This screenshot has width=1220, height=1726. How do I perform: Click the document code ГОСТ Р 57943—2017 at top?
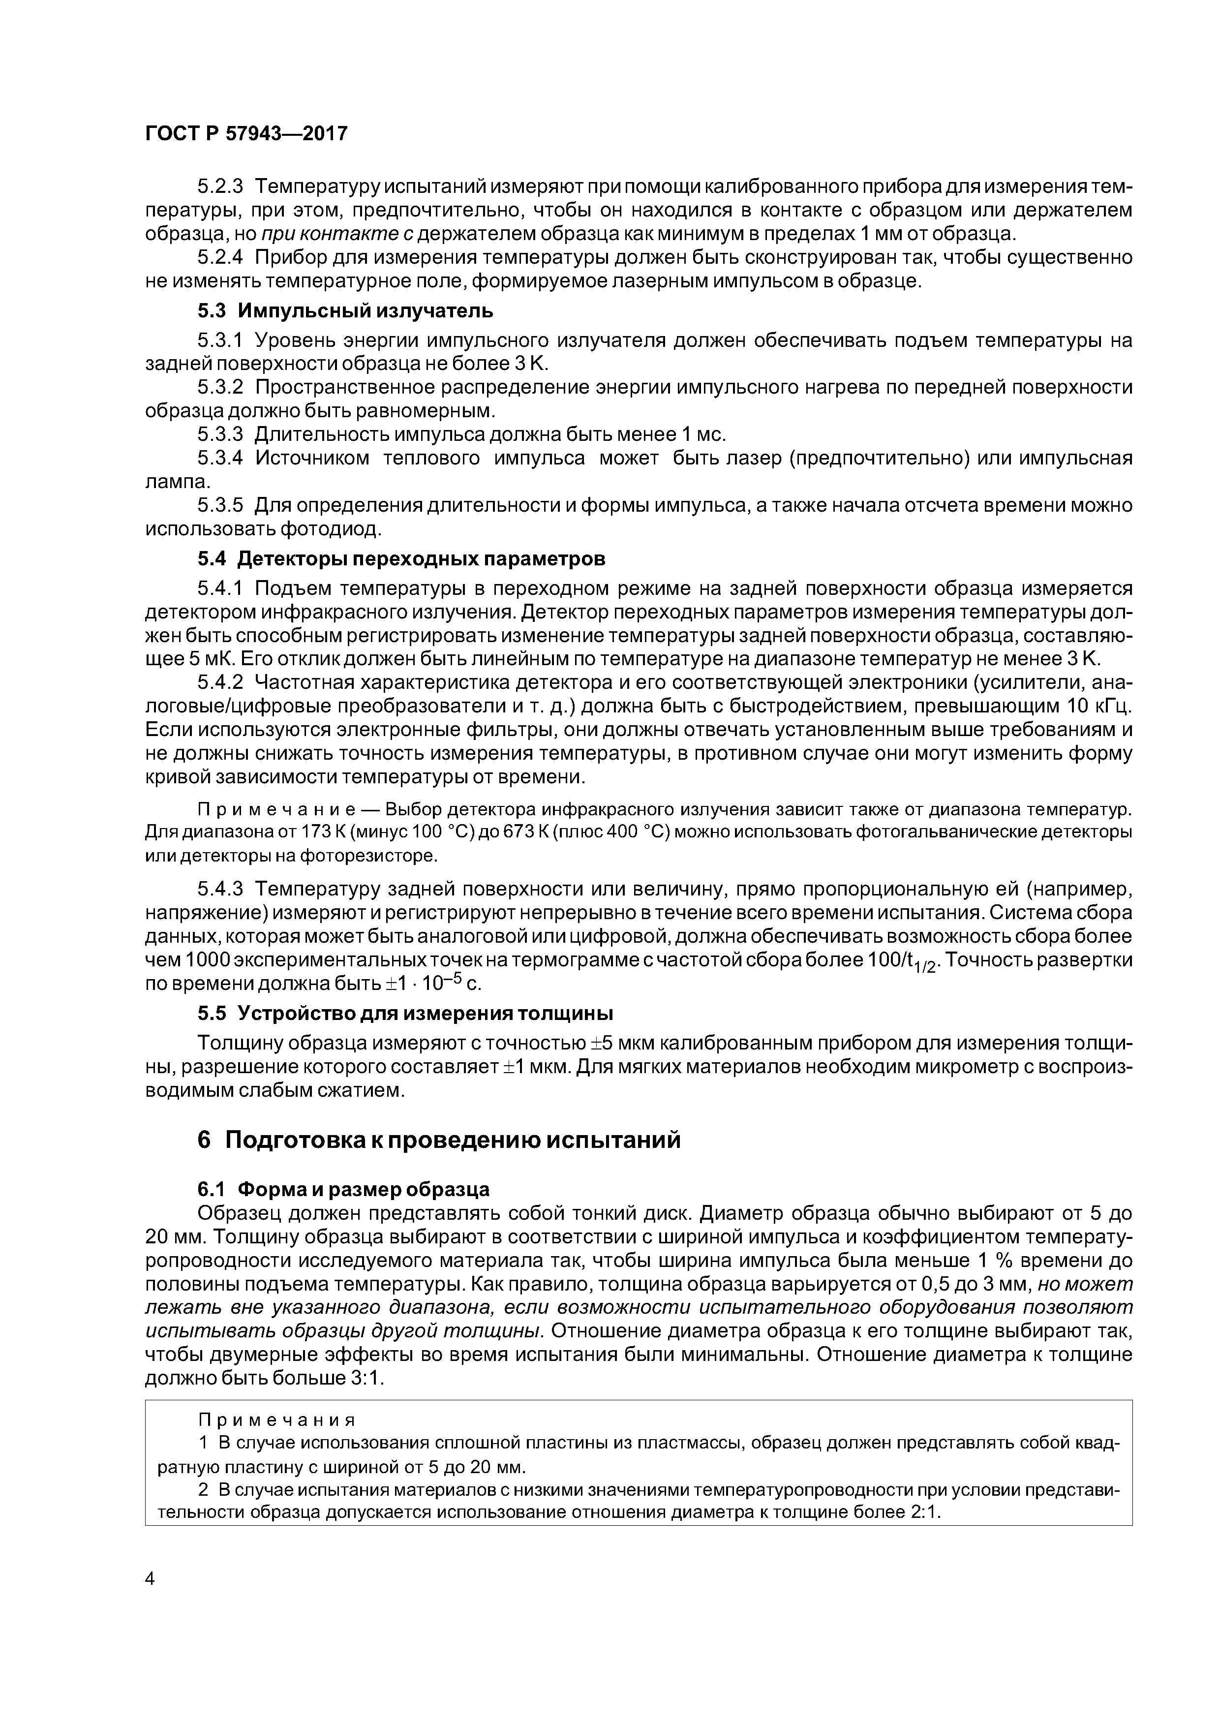click(246, 134)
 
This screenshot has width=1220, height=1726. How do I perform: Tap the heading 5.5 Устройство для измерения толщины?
click(405, 1014)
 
